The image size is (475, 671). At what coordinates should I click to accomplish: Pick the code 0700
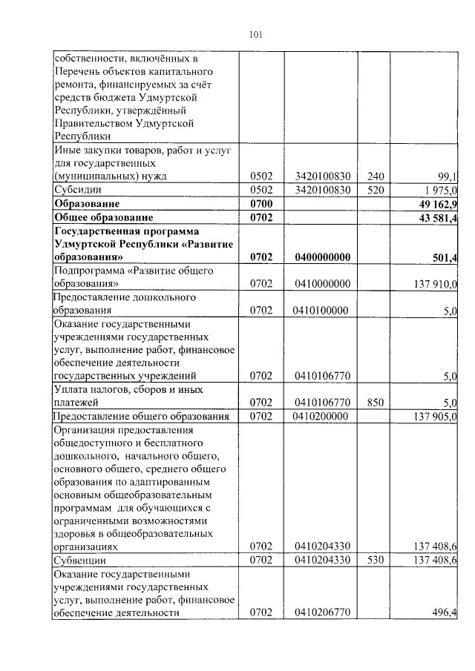(x=262, y=203)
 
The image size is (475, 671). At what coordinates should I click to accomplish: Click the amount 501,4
(x=444, y=257)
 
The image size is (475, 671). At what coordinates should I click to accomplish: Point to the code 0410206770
(x=321, y=612)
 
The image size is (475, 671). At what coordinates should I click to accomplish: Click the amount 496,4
(x=445, y=612)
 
